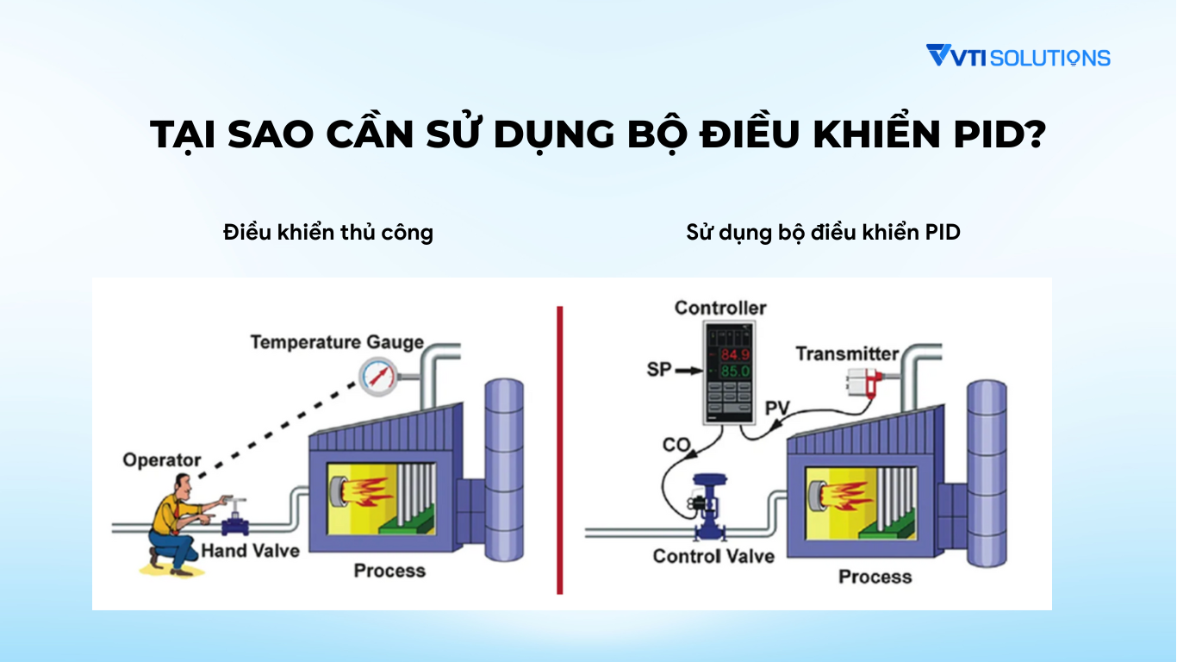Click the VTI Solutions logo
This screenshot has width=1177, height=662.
tap(1018, 57)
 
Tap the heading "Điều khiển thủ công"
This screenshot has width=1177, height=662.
tap(327, 232)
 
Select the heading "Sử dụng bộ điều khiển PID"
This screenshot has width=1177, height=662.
tap(823, 232)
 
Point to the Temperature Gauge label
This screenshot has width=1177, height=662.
tap(337, 342)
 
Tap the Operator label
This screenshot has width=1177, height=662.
tap(162, 459)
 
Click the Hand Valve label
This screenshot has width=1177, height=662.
tap(250, 551)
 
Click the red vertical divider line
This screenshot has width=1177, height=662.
tap(560, 449)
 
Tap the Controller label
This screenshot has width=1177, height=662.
tap(720, 308)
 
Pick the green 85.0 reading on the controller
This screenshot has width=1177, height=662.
tap(733, 372)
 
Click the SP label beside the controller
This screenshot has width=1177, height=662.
tap(659, 370)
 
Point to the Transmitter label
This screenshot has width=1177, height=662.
tap(847, 353)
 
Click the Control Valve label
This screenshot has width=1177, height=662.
tap(713, 556)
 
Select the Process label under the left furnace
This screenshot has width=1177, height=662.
tap(389, 570)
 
